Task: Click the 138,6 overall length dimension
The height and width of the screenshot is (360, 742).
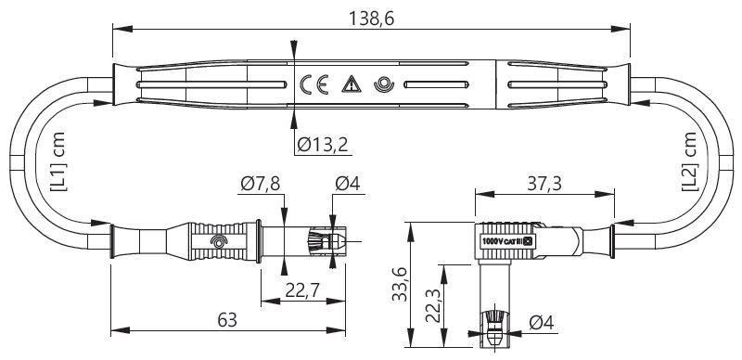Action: [x=372, y=19]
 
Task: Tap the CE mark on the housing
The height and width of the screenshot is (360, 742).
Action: [x=313, y=84]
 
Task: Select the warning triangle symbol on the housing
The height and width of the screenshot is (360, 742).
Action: [x=352, y=84]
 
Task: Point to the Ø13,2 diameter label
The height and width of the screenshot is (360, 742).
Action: [x=323, y=145]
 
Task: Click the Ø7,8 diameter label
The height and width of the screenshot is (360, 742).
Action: [x=261, y=183]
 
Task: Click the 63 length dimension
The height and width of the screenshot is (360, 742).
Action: [x=227, y=320]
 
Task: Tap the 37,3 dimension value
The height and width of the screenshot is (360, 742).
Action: [x=544, y=184]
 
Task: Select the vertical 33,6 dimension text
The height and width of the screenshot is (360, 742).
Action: [x=400, y=284]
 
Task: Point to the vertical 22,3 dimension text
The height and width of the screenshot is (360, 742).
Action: [x=433, y=305]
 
